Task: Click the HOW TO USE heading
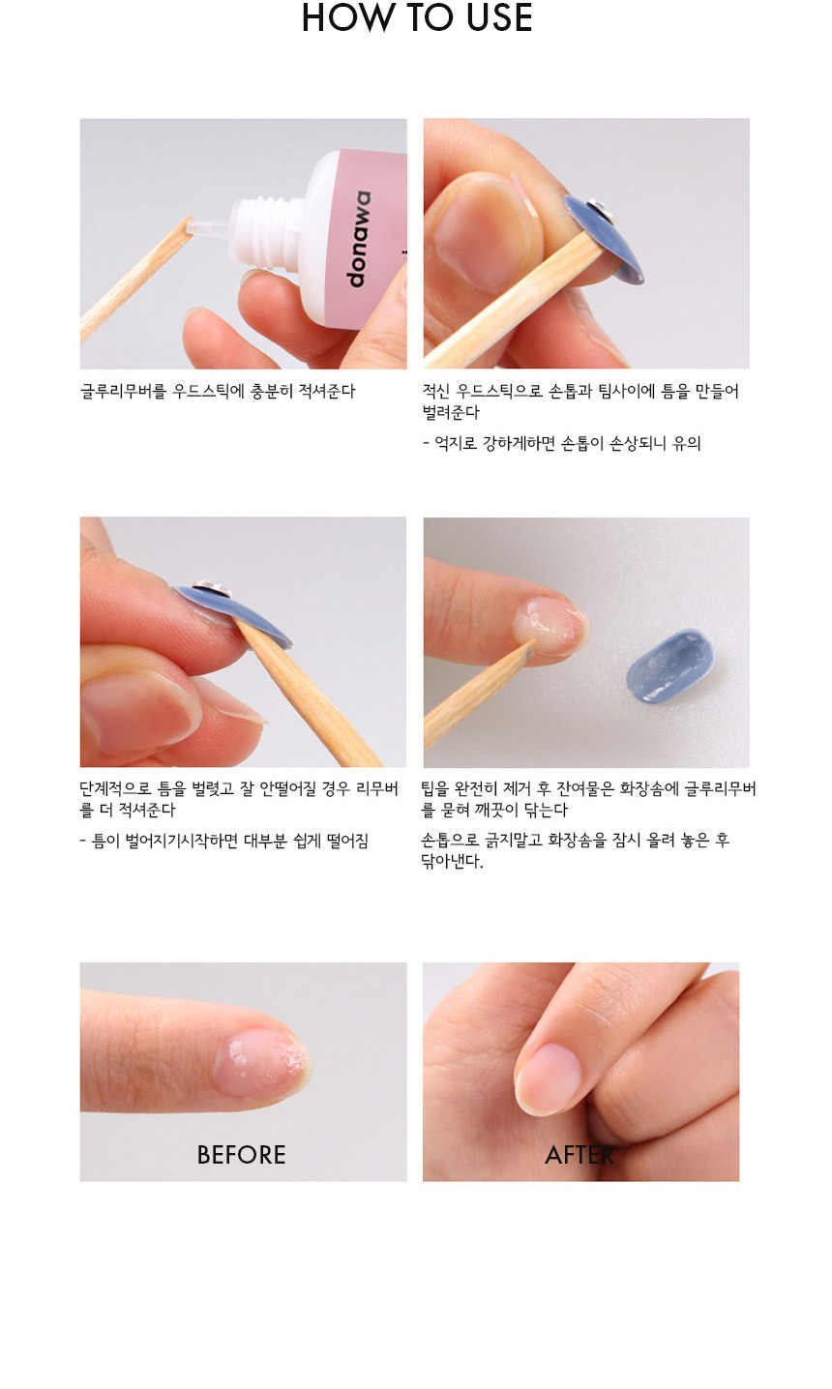(x=416, y=17)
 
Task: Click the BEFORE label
(x=241, y=1155)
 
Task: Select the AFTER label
(x=579, y=1155)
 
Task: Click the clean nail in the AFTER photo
(x=548, y=1073)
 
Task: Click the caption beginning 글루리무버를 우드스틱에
(x=218, y=392)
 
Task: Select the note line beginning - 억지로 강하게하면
(x=562, y=444)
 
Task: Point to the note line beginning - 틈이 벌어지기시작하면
(x=224, y=842)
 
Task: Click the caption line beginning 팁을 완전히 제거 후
(x=588, y=789)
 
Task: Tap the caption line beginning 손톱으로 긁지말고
(x=576, y=841)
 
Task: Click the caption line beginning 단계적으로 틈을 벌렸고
(x=239, y=789)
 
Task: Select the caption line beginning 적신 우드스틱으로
(x=580, y=392)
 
